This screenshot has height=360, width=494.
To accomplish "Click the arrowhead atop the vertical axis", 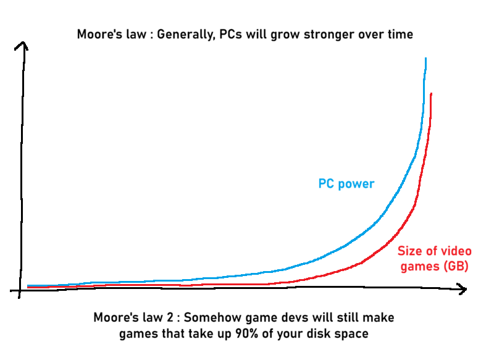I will tap(23, 45).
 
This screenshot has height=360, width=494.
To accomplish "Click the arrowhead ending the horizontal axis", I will tap(462, 288).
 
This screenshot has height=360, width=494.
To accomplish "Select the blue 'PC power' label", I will tap(346, 183).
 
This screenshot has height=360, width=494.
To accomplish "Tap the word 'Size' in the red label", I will tap(411, 251).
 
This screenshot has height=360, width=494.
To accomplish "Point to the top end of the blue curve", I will tap(425, 59).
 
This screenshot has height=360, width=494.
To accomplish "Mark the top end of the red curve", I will tap(430, 94).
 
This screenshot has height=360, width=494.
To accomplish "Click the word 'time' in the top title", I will tap(400, 34).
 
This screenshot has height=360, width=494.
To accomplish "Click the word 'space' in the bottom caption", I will tap(352, 335).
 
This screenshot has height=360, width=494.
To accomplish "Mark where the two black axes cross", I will tap(22, 290).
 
